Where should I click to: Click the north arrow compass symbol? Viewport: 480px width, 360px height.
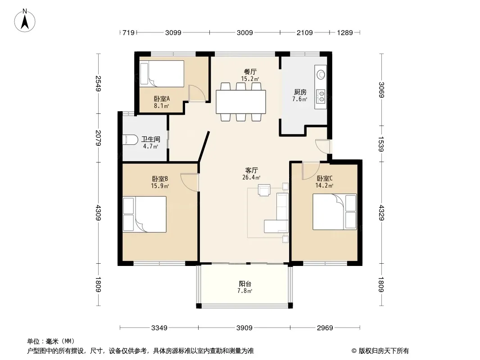point(25,21)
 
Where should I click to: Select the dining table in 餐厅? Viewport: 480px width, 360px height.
point(241,102)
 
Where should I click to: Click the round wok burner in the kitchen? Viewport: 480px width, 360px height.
point(321,74)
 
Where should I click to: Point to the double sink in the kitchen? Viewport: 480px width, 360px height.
point(321,96)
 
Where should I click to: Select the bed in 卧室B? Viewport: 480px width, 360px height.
point(145,214)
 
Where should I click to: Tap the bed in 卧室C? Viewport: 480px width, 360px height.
point(335,211)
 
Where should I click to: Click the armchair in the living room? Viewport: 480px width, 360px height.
point(264,189)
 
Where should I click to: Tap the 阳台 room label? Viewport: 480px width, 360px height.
point(245,284)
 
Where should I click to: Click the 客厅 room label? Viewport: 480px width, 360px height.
point(251,170)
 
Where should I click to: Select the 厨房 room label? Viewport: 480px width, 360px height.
point(300,92)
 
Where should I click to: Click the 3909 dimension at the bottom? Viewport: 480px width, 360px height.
point(245,328)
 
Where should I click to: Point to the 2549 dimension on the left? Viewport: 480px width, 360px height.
point(98,84)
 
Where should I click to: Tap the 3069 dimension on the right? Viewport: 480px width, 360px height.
point(381,90)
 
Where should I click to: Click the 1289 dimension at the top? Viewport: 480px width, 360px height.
point(345,32)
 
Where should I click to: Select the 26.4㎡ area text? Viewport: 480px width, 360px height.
point(251,177)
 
